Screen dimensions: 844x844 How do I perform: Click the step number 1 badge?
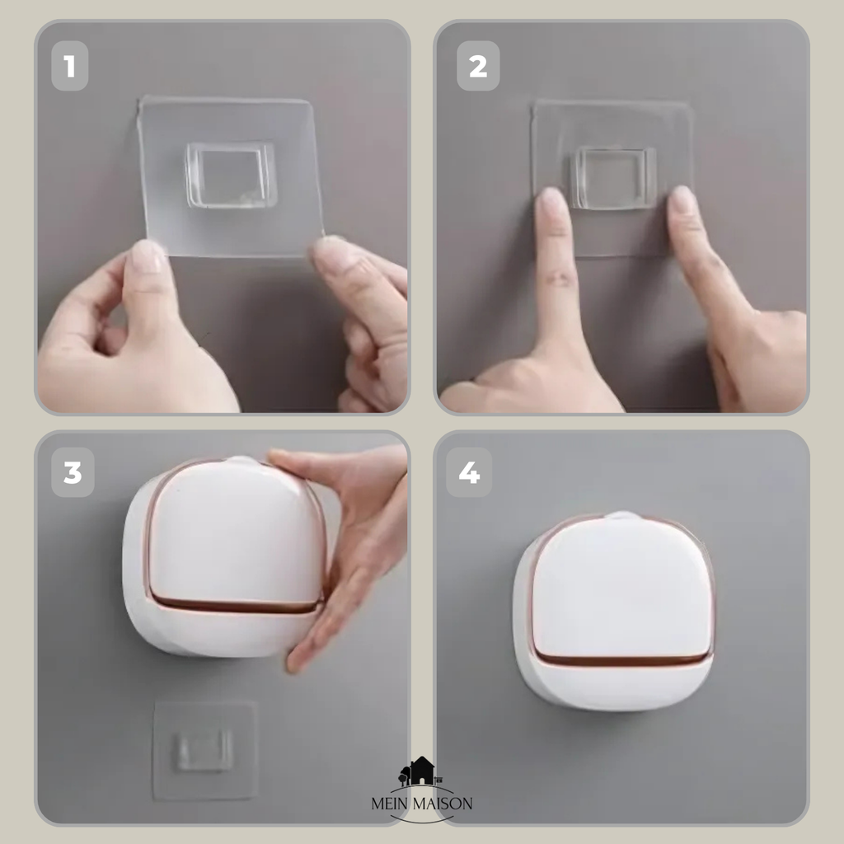tap(70, 66)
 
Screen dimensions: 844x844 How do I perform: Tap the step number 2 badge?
tap(478, 66)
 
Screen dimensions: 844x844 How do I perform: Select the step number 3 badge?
tap(73, 472)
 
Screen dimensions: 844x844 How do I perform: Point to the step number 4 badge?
tap(469, 472)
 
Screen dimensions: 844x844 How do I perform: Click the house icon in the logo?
tap(421, 771)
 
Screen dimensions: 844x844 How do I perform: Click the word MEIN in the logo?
tap(390, 804)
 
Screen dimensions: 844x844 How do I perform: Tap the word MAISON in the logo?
tap(443, 804)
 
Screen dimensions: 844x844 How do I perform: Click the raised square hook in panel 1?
tap(231, 175)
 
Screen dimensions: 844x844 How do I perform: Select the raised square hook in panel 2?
tap(613, 177)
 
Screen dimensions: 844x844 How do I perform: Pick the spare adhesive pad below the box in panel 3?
tap(204, 750)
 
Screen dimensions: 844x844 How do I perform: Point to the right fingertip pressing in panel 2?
tap(682, 202)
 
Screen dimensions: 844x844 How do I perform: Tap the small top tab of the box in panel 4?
tap(623, 516)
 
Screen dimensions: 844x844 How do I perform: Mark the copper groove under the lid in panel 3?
tap(236, 606)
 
